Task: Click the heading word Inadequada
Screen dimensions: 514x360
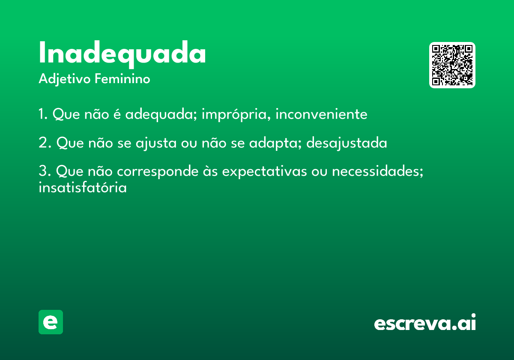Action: point(123,54)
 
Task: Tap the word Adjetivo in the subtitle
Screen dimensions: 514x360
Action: point(65,79)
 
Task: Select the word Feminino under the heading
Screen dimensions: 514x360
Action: point(123,78)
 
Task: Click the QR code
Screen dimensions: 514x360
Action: point(452,65)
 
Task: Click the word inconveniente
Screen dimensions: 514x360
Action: point(321,114)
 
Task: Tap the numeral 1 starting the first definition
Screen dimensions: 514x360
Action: point(41,114)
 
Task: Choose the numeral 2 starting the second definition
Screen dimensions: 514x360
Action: point(43,142)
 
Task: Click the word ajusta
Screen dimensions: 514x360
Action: point(156,143)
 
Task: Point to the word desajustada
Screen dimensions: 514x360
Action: point(347,143)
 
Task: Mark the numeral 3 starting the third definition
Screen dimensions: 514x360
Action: point(43,171)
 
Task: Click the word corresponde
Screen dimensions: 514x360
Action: point(158,172)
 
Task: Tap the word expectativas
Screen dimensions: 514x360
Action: point(265,172)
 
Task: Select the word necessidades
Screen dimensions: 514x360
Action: point(377,171)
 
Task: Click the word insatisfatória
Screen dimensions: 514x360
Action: point(83,187)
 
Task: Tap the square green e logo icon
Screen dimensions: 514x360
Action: point(51,322)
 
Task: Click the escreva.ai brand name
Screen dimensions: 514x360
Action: point(425,322)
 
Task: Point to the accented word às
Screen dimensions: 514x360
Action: point(210,171)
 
